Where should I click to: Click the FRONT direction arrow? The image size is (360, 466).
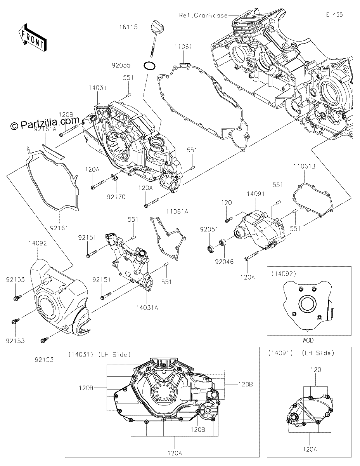tap(33, 38)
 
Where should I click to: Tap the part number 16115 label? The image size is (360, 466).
tap(128, 27)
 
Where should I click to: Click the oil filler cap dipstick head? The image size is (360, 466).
tap(157, 26)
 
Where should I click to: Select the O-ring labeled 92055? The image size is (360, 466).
tap(150, 65)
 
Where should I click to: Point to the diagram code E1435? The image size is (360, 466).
tap(334, 15)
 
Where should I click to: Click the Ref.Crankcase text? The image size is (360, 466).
tap(203, 15)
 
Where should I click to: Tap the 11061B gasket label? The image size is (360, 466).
tap(304, 166)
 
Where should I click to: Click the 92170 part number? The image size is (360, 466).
tap(116, 196)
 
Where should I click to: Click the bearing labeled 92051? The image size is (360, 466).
tap(210, 249)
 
